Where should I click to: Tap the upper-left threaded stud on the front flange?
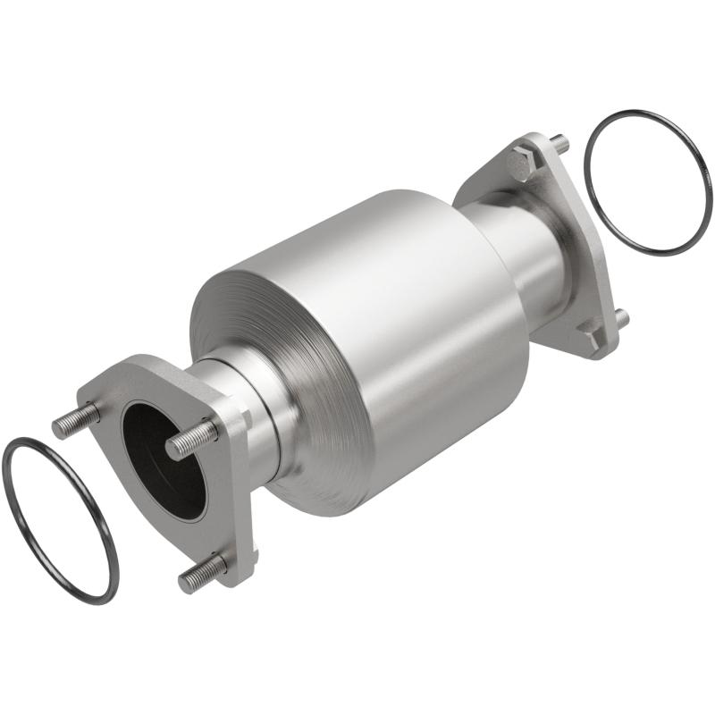tap(72, 421)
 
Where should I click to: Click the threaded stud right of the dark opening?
tap(191, 439)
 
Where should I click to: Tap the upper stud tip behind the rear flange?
tap(559, 142)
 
